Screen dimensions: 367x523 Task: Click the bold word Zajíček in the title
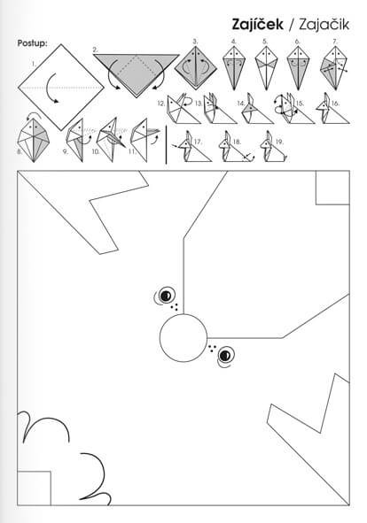pyautogui.click(x=257, y=25)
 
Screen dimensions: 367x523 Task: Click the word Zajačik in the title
pyautogui.click(x=324, y=25)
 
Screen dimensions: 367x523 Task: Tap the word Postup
pyautogui.click(x=32, y=43)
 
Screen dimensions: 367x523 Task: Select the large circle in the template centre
pyautogui.click(x=183, y=338)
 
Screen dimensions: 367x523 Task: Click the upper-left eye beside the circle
pyautogui.click(x=166, y=296)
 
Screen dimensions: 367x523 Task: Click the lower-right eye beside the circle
pyautogui.click(x=226, y=355)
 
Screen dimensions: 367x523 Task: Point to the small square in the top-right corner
pyautogui.click(x=332, y=188)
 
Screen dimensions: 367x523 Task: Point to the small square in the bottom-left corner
pyautogui.click(x=34, y=488)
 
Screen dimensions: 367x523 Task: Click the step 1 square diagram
pyautogui.click(x=61, y=88)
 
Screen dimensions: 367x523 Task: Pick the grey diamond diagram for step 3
pyautogui.click(x=196, y=68)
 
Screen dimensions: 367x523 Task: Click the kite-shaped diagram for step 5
pyautogui.click(x=266, y=68)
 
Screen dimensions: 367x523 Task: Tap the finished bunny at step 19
pyautogui.click(x=273, y=148)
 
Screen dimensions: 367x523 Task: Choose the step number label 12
pyautogui.click(x=161, y=104)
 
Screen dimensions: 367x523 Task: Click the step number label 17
pyautogui.click(x=198, y=142)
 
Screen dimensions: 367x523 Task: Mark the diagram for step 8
pyautogui.click(x=34, y=141)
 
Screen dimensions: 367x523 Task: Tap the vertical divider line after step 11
pyautogui.click(x=166, y=145)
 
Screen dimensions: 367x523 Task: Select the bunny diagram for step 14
pyautogui.click(x=257, y=109)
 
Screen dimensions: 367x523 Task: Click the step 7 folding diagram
pyautogui.click(x=333, y=68)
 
